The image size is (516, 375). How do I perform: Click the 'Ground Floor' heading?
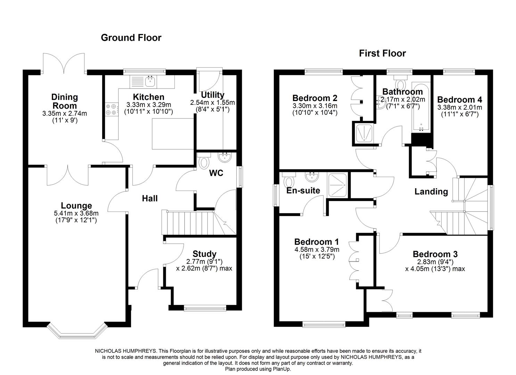[x=131, y=37]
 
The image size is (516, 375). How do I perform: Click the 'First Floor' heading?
[x=382, y=53]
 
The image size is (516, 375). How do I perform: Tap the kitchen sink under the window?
[x=150, y=82]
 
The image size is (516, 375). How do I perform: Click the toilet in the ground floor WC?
[x=204, y=161]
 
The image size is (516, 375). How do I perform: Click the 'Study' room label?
[x=204, y=254]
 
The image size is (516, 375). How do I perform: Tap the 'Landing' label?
[x=431, y=192]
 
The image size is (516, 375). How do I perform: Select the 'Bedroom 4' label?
[x=459, y=100]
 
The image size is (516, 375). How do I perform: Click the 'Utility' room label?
[x=212, y=95]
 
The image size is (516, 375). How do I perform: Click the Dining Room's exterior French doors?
[x=64, y=64]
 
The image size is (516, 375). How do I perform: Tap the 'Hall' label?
[x=150, y=198]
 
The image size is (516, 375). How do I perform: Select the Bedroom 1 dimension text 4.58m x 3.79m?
[x=317, y=249]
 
